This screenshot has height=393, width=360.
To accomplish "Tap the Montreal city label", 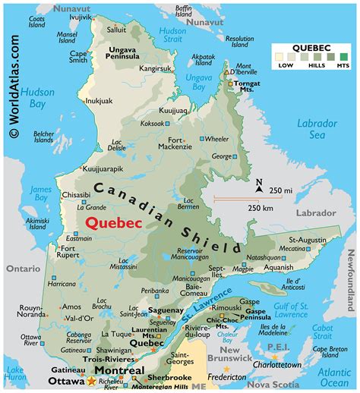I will tap(118, 370).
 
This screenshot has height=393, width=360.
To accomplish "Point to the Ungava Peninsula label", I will tap(121, 72).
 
